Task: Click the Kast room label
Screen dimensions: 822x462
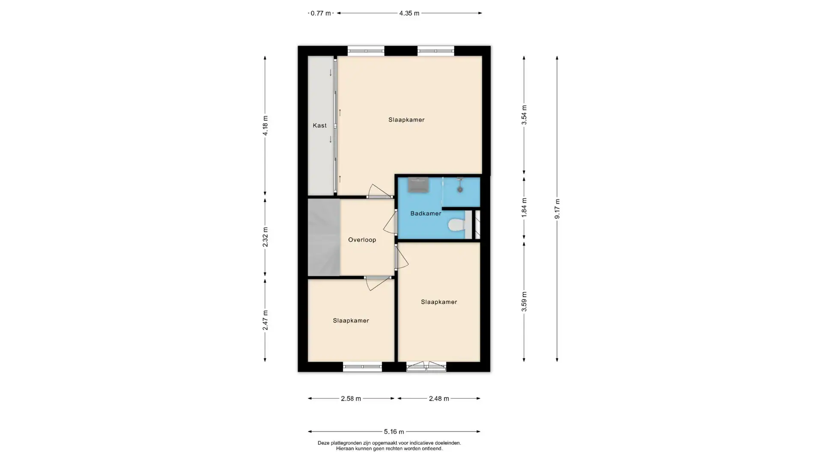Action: tap(319, 125)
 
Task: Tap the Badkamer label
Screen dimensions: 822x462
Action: tap(426, 213)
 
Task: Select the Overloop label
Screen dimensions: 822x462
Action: tap(362, 240)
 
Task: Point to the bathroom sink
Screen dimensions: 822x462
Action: tap(418, 185)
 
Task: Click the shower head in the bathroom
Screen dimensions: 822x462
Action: tap(460, 189)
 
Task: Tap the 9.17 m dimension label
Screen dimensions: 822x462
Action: tap(557, 209)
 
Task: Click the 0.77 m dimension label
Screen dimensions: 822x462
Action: tap(321, 13)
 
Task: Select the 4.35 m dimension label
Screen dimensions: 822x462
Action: tap(409, 13)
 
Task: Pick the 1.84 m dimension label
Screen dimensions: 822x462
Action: tap(524, 207)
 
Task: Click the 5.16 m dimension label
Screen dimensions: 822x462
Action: tap(393, 432)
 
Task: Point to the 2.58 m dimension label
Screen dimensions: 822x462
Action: tap(351, 399)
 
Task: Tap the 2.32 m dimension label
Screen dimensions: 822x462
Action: tap(265, 237)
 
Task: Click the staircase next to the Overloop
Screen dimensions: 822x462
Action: tap(324, 237)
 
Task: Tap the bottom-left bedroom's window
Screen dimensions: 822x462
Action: tap(362, 367)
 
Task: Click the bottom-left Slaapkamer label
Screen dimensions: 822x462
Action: tap(351, 321)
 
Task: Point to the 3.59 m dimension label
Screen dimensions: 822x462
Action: tap(524, 302)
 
